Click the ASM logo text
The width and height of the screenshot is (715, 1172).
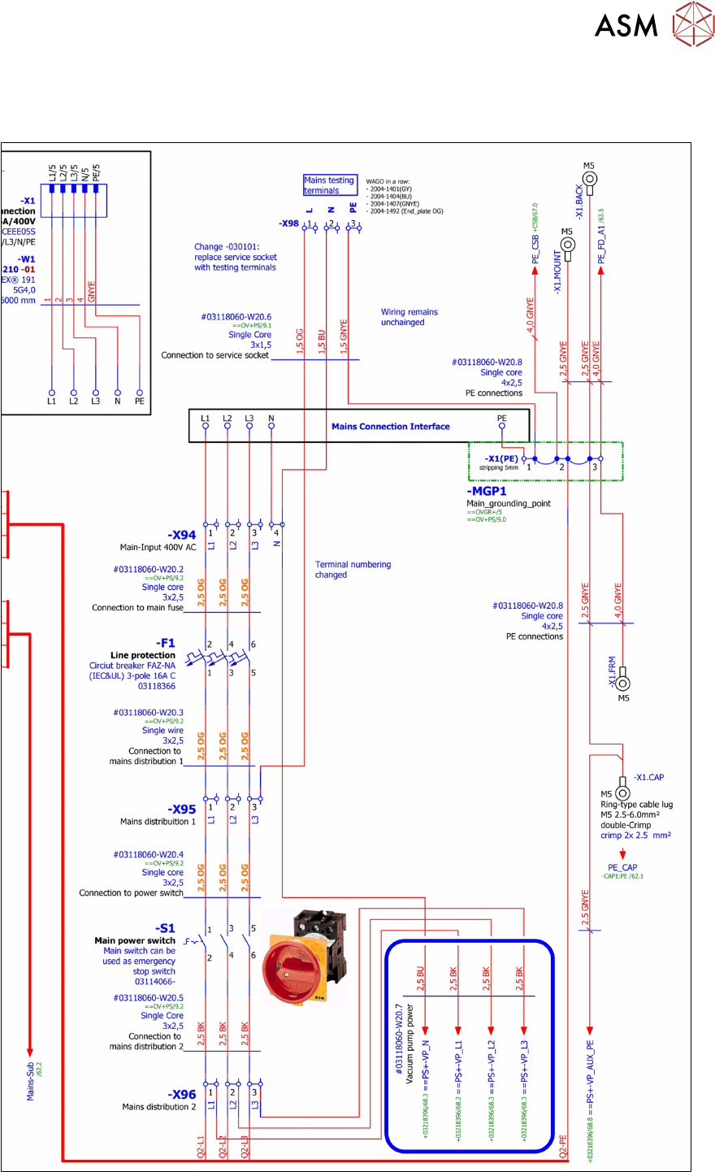click(x=626, y=25)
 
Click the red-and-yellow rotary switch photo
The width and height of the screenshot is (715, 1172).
click(x=305, y=956)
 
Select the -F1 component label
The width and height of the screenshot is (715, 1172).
click(x=165, y=643)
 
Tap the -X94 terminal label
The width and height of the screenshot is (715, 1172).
click(x=181, y=535)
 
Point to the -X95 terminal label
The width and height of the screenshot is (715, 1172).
click(x=182, y=810)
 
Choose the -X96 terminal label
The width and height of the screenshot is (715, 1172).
click(x=182, y=1095)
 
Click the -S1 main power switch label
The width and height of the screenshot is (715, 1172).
click(x=165, y=928)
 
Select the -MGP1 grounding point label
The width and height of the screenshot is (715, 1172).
click(x=487, y=491)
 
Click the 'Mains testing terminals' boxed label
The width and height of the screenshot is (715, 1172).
click(x=329, y=185)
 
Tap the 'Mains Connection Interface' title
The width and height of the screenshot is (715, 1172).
click(x=390, y=426)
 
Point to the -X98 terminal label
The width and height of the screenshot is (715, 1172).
click(x=288, y=224)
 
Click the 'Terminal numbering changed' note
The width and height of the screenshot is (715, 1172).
click(x=353, y=569)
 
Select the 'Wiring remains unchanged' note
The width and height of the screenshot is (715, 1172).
click(x=409, y=317)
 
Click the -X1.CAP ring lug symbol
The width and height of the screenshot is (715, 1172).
click(x=623, y=792)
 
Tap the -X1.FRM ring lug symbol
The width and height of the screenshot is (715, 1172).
click(x=623, y=684)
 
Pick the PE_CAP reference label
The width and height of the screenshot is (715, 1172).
click(x=622, y=867)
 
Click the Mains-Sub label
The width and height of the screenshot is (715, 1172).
click(x=31, y=1080)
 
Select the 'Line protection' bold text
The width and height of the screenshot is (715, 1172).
click(x=143, y=655)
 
